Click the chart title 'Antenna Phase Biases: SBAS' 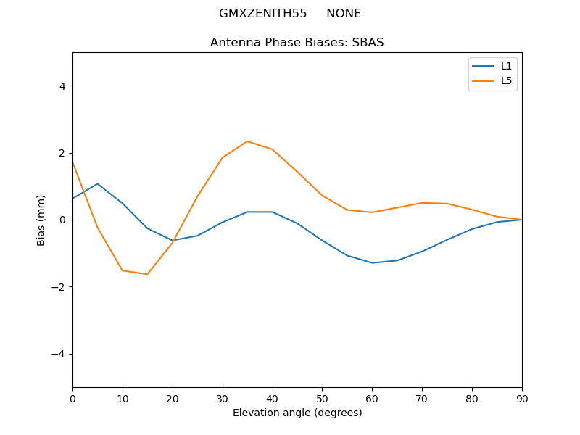(x=297, y=43)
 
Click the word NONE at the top (x=344, y=14)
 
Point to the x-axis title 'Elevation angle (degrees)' (x=297, y=413)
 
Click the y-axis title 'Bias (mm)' (x=41, y=220)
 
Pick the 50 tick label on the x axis (x=322, y=397)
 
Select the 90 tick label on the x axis (x=522, y=397)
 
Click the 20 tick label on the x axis (x=173, y=397)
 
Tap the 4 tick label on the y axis (x=62, y=86)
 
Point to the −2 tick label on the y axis (x=59, y=287)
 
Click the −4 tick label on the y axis (x=59, y=354)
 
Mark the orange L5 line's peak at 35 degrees (x=247, y=141)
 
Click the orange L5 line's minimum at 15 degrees (x=147, y=274)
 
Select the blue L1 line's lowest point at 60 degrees (x=372, y=262)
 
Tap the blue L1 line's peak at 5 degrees (x=97, y=184)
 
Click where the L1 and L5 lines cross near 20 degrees (x=173, y=240)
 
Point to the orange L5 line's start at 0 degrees (x=73, y=163)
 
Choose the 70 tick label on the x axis (x=422, y=397)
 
